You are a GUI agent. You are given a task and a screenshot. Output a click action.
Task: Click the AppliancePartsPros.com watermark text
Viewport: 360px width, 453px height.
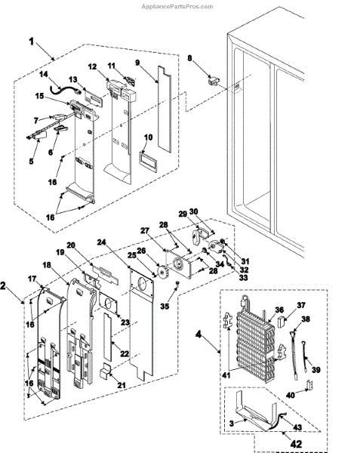[x=177, y=6]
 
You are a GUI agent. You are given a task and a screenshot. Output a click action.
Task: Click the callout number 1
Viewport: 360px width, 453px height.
[x=32, y=42]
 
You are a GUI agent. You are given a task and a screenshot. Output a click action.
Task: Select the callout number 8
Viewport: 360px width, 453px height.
[x=189, y=58]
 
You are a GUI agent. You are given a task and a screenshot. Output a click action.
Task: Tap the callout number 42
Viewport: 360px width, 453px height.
[x=297, y=444]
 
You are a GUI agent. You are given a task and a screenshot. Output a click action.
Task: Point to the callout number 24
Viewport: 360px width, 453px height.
[x=101, y=242]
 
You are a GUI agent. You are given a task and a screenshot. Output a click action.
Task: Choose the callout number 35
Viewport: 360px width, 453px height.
[x=165, y=306]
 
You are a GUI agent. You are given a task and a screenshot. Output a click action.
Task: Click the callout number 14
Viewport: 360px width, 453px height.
[x=44, y=74]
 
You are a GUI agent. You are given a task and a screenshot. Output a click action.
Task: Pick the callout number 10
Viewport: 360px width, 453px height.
[x=148, y=137]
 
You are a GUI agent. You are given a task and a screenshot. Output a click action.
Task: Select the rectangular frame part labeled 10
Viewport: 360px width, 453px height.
[x=148, y=162]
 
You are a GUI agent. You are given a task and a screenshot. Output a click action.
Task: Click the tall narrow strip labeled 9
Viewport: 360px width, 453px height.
[x=165, y=109]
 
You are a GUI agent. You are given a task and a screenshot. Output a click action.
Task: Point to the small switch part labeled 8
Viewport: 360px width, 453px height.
[x=214, y=79]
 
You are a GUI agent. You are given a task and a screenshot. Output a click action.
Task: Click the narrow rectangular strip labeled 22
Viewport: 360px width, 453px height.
[x=107, y=338]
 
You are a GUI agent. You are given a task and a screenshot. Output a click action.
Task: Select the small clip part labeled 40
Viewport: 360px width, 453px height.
[x=309, y=385]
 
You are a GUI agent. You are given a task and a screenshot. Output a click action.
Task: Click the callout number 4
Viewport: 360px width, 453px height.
[x=198, y=334]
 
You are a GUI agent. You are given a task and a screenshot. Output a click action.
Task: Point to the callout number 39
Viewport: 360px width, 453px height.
[x=315, y=370]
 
